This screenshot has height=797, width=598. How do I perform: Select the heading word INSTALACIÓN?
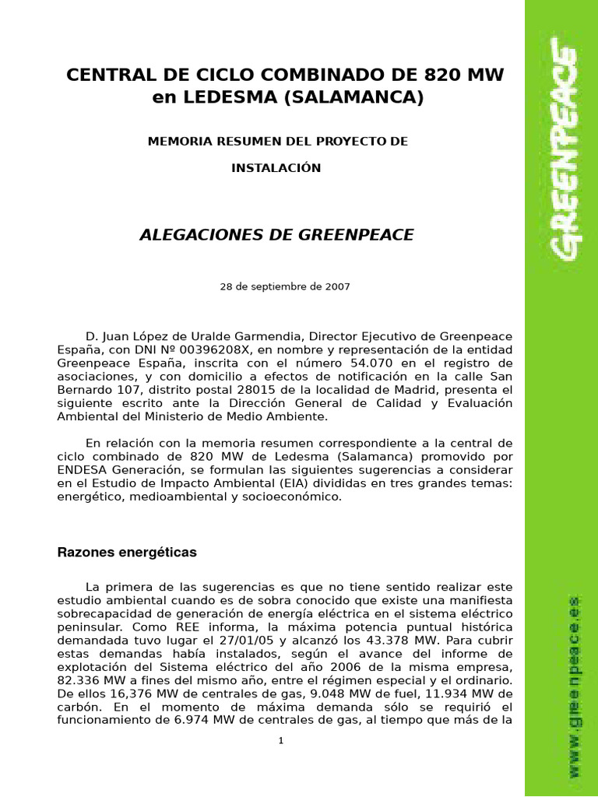point(276,168)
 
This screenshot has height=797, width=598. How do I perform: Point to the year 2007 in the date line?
point(336,286)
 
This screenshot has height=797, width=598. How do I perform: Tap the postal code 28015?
point(237,390)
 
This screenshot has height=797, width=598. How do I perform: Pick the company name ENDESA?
point(83,470)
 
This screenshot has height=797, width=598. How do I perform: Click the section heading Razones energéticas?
point(127,553)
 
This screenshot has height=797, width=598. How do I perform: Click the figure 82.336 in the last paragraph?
point(83,681)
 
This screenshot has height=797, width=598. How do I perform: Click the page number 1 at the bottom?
point(281,741)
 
